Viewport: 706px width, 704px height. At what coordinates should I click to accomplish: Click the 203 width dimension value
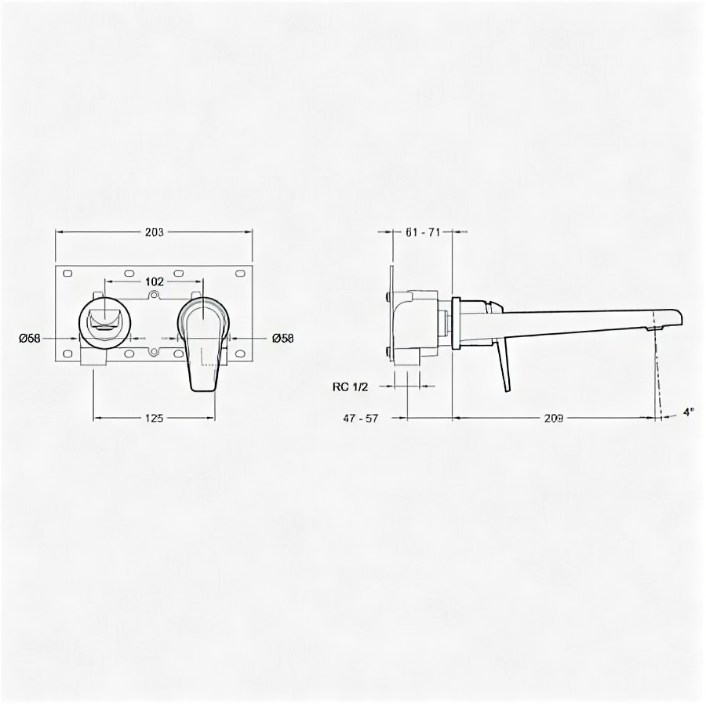click(x=155, y=232)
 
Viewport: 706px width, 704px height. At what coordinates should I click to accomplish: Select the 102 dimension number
click(x=155, y=281)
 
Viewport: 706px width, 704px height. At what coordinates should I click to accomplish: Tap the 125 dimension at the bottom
click(x=154, y=418)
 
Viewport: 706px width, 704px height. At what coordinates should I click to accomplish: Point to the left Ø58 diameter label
click(x=30, y=338)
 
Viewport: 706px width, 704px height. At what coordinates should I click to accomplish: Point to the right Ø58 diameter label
click(x=282, y=338)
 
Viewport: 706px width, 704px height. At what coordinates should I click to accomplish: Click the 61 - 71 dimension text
click(x=422, y=232)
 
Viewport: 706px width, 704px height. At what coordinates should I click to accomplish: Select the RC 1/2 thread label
click(x=351, y=386)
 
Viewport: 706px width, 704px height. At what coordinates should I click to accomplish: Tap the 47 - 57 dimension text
click(x=361, y=418)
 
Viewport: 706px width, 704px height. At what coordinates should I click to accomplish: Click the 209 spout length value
click(x=553, y=418)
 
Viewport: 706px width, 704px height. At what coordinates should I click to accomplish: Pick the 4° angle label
click(x=689, y=412)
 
